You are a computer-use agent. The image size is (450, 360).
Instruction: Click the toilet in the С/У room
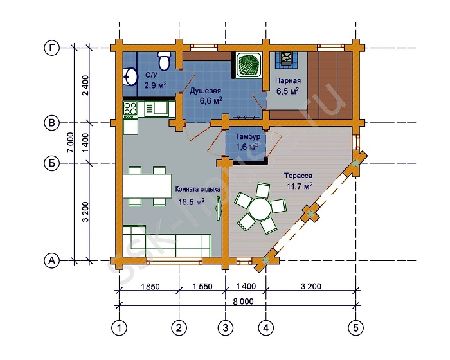(x=164, y=61)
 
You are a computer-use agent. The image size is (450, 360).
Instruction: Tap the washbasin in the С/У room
(x=129, y=76)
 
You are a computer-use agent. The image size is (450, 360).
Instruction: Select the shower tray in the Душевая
(x=248, y=64)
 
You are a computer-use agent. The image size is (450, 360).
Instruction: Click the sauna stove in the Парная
(x=286, y=60)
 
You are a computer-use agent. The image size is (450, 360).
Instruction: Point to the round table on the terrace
(x=260, y=208)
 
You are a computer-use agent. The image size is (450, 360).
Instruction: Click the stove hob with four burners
(x=130, y=109)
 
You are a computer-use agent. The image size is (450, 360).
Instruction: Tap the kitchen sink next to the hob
(x=161, y=109)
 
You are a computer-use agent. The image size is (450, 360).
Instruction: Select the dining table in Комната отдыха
(x=147, y=186)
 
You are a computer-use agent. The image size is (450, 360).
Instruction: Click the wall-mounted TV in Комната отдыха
(x=219, y=208)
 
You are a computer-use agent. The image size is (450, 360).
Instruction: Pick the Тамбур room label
(x=248, y=136)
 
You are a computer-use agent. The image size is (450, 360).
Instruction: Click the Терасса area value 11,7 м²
(x=300, y=186)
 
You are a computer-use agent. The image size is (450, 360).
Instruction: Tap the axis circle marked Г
(x=51, y=48)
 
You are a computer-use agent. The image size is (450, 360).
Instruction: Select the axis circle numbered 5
(x=356, y=328)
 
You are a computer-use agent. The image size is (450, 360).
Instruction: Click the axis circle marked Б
(x=51, y=163)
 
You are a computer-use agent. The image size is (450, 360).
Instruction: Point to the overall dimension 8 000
(x=243, y=301)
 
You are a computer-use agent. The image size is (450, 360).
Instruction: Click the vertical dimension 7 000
(x=71, y=143)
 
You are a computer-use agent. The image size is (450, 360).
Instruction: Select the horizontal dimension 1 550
(x=203, y=287)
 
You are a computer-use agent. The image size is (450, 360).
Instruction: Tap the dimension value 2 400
(x=85, y=85)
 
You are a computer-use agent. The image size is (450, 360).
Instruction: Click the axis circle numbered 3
(x=226, y=328)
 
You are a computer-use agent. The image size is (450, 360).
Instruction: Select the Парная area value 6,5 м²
(x=287, y=91)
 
